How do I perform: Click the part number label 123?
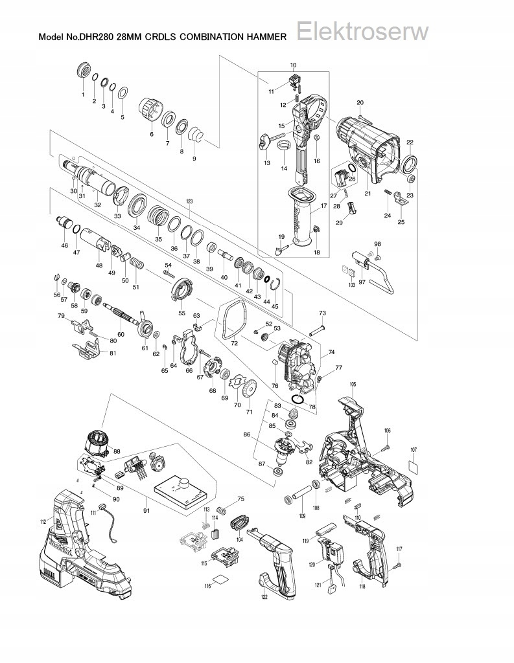pyautogui.click(x=189, y=202)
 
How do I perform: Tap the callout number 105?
pyautogui.click(x=353, y=385)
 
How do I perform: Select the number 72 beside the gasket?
pyautogui.click(x=234, y=343)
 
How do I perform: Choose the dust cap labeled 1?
pyautogui.click(x=83, y=69)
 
